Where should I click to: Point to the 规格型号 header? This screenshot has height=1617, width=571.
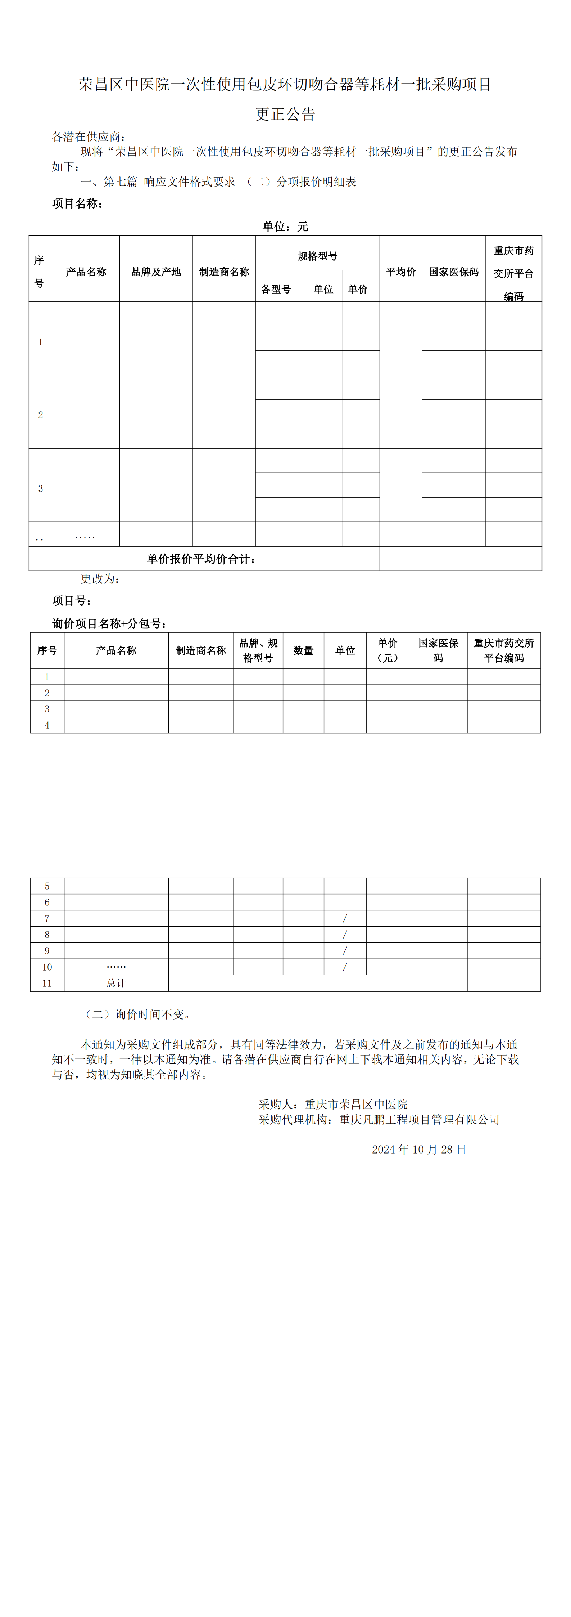(x=317, y=256)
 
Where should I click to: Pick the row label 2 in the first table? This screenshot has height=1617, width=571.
(x=41, y=415)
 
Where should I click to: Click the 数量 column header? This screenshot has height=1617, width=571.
(x=303, y=650)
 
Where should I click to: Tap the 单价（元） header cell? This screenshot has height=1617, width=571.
(x=387, y=650)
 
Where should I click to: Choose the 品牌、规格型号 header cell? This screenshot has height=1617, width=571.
(x=258, y=650)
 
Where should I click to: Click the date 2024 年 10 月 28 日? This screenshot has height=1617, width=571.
(x=418, y=1149)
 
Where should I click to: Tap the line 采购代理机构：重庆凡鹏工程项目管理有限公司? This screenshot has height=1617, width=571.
(x=379, y=1119)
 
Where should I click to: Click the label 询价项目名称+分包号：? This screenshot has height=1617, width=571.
(x=109, y=623)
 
